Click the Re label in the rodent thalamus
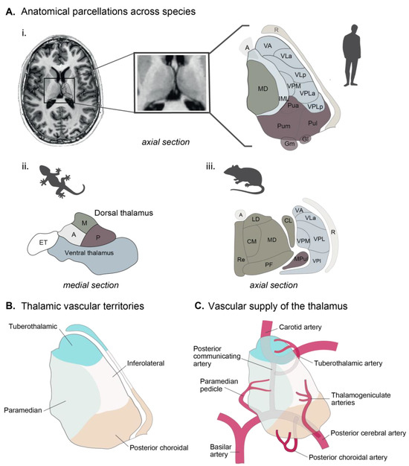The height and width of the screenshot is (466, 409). tap(241, 261)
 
